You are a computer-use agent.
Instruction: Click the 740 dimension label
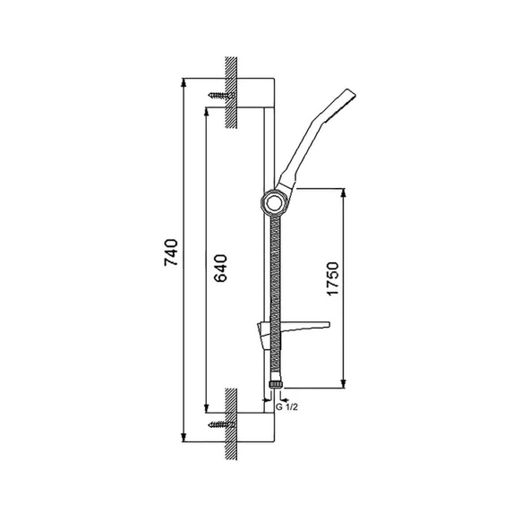(x=171, y=252)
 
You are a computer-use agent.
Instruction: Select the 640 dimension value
(x=221, y=268)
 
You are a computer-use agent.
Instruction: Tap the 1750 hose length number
(x=333, y=278)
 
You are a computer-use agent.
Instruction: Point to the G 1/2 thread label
(x=287, y=407)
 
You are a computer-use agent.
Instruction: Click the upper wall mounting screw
(x=221, y=95)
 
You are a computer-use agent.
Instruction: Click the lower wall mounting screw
(x=221, y=424)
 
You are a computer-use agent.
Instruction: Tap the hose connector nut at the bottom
(x=276, y=385)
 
